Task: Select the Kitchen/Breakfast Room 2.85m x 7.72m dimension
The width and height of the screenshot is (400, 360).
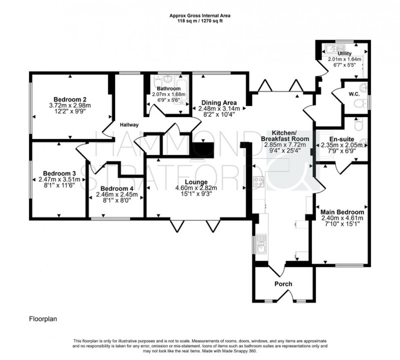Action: [x=284, y=144]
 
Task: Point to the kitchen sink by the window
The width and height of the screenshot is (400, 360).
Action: [x=260, y=245]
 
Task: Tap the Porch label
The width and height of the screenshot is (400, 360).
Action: [x=283, y=284]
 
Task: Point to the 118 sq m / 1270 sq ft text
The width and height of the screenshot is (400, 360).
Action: [x=200, y=21]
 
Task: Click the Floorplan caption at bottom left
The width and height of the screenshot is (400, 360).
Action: [x=42, y=319]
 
